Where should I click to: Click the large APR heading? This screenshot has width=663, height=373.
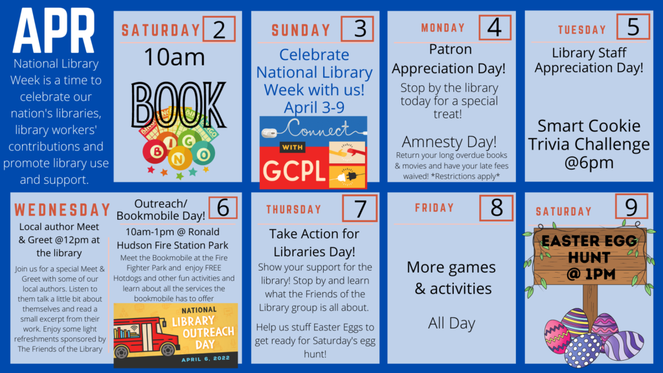(54, 31)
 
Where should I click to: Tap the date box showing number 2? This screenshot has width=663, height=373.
(219, 28)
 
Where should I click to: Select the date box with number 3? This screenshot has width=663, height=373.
(357, 28)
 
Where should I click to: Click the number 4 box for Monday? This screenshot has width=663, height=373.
(495, 27)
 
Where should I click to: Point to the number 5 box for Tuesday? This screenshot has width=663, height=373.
(633, 27)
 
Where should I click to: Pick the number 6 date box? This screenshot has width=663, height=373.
(223, 207)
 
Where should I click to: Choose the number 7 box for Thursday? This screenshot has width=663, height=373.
(359, 208)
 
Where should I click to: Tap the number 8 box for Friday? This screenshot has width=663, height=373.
(497, 208)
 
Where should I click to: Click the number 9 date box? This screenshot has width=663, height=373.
(631, 207)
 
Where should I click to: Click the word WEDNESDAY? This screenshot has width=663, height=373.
(62, 210)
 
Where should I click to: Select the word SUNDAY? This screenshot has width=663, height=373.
(301, 30)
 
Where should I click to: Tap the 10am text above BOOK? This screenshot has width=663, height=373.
(174, 57)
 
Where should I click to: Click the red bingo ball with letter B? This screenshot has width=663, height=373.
(155, 151)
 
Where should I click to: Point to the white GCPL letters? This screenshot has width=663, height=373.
(294, 171)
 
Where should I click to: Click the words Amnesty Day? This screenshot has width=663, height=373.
(449, 142)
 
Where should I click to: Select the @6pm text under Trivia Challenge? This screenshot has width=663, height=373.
(589, 163)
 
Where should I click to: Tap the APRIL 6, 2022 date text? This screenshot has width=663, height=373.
(206, 359)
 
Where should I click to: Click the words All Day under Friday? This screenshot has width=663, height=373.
(451, 324)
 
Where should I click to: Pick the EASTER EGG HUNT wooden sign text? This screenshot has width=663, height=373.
(589, 257)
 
